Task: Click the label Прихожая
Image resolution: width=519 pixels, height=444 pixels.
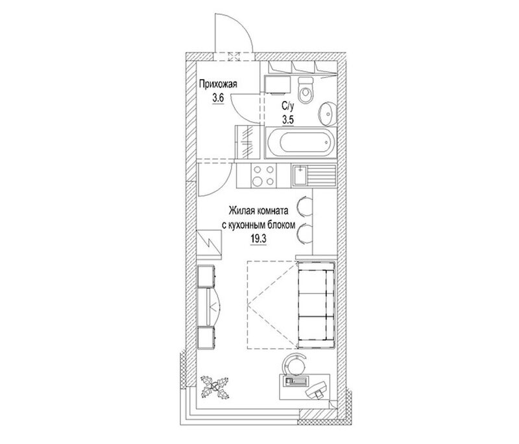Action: (218, 84)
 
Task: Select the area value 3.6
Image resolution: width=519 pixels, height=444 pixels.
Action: (218, 99)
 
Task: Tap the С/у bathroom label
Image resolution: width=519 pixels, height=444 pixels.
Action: (287, 106)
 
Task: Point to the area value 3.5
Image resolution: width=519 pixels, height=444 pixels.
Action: (288, 119)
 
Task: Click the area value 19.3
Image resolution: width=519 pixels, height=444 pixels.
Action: (258, 239)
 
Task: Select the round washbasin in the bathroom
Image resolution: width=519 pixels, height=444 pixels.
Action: (328, 113)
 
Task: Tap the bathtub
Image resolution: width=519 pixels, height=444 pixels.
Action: (301, 143)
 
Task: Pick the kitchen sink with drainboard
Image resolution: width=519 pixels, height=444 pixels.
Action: (313, 176)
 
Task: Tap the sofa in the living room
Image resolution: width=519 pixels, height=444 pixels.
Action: (316, 305)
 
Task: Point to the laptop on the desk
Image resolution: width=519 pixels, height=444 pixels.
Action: (317, 390)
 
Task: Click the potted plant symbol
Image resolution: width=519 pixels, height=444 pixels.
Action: (215, 386)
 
